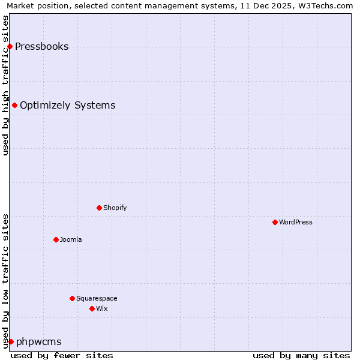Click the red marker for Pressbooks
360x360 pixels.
pos(10,46)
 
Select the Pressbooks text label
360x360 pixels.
pos(41,47)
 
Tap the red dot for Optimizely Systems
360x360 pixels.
pos(14,105)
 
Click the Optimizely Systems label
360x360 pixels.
pos(67,106)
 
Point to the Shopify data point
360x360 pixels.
pos(99,208)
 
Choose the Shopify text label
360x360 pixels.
pos(115,208)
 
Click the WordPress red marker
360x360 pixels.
pos(275,222)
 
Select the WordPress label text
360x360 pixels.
pos(295,223)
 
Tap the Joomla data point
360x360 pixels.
pos(56,239)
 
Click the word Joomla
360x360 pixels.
pos(71,240)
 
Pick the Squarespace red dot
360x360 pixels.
pos(72,298)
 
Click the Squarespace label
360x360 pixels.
pos(97,299)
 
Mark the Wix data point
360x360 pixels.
pos(92,308)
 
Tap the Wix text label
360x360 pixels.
pos(101,309)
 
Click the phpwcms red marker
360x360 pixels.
pos(11,341)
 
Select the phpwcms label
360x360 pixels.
pos(38,342)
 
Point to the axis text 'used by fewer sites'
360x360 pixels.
pos(62,355)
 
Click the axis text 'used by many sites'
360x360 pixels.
pos(301,355)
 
